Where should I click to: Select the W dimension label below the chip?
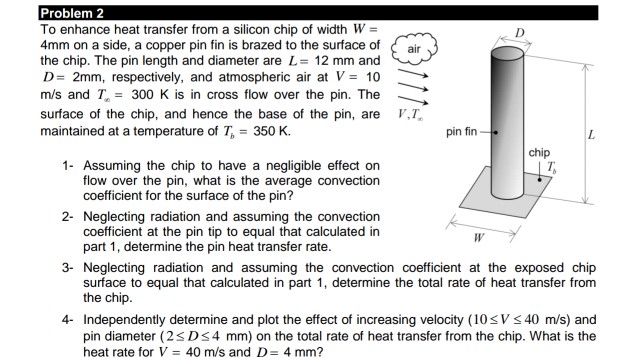481,238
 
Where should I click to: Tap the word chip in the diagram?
539,152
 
